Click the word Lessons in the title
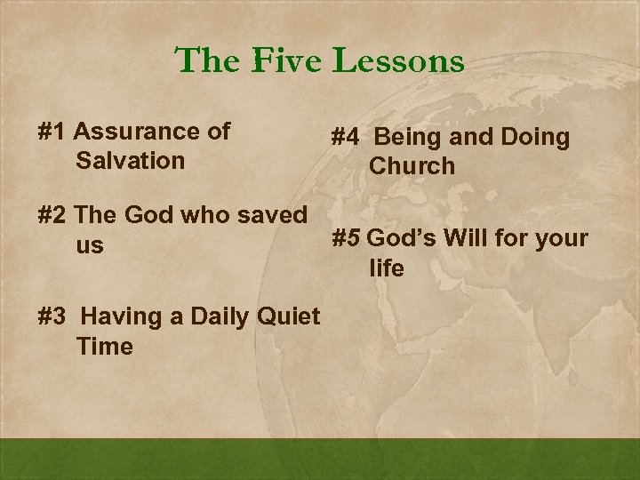click(x=398, y=61)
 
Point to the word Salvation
click(x=131, y=161)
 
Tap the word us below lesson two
click(x=91, y=244)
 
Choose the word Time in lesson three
click(x=105, y=347)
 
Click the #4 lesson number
click(x=345, y=137)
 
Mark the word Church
click(x=412, y=166)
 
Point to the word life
click(x=387, y=268)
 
